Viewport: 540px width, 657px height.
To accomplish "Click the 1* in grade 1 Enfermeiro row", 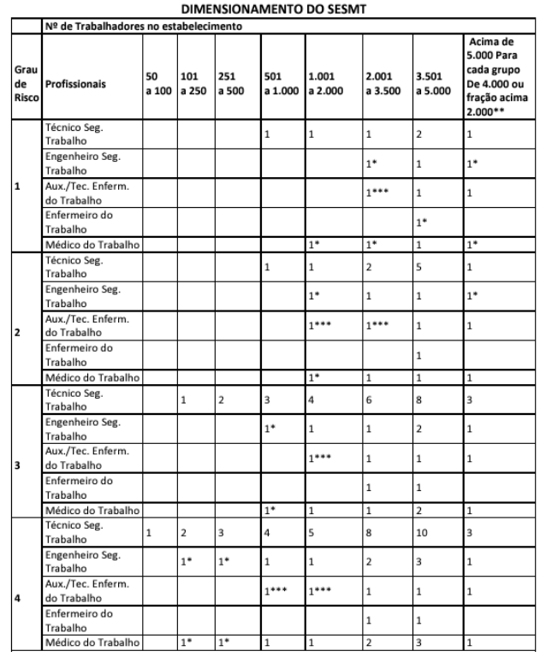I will point(420,222).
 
